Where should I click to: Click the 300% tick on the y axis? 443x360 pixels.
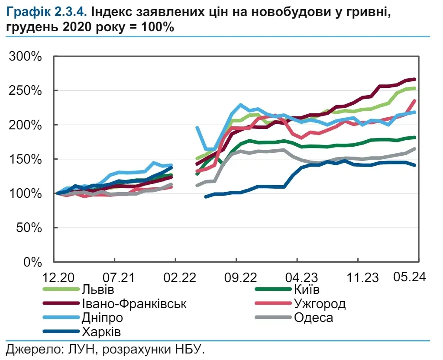27,57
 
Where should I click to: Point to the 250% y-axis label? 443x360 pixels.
27,91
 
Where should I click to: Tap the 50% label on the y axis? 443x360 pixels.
30,228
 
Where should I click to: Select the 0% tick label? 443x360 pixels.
34,262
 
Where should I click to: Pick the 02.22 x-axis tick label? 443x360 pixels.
175,277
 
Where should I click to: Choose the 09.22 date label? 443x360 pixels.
236,277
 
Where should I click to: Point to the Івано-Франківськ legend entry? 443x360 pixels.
134,304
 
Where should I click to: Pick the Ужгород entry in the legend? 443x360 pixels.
320,304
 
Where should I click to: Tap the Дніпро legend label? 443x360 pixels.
102,318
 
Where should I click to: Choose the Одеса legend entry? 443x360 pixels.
314,318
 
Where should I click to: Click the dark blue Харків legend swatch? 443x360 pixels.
61,332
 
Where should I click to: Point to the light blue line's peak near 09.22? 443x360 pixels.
241,105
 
